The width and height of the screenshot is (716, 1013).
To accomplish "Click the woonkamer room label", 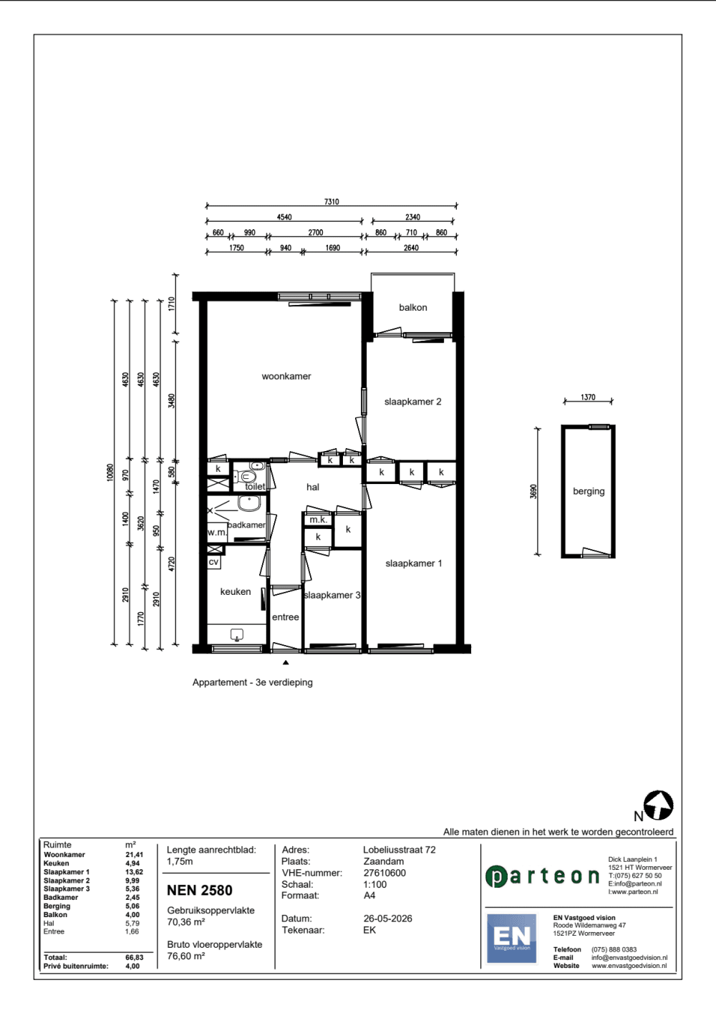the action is [286, 377].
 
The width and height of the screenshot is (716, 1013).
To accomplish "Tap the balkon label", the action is [413, 308].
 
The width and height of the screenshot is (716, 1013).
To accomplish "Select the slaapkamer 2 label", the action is [412, 402].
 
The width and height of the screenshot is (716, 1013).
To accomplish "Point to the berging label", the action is [589, 491].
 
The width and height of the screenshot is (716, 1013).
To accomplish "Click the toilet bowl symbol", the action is [246, 477].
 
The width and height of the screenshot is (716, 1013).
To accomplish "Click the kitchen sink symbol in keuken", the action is [237, 635].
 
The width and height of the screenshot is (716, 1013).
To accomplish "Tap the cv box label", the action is [213, 562].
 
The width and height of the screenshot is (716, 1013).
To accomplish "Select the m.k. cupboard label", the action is [318, 520].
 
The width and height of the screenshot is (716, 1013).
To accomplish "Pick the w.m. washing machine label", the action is [217, 533].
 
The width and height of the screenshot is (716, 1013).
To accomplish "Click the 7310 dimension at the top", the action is [332, 202].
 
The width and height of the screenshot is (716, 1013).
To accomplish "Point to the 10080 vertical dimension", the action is [110, 472].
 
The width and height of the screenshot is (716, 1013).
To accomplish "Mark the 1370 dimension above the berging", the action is [588, 397].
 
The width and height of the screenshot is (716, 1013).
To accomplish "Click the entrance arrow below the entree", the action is [286, 662].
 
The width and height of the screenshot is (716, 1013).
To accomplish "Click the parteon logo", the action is [543, 876].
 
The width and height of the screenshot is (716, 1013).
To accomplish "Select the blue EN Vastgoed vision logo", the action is [511, 939].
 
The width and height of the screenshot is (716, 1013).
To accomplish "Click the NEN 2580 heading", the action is [200, 891].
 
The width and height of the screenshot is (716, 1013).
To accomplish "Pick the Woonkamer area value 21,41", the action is [135, 855].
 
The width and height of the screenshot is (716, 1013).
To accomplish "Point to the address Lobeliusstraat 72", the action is [400, 850].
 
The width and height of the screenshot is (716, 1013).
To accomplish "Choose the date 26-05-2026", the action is [387, 919].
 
